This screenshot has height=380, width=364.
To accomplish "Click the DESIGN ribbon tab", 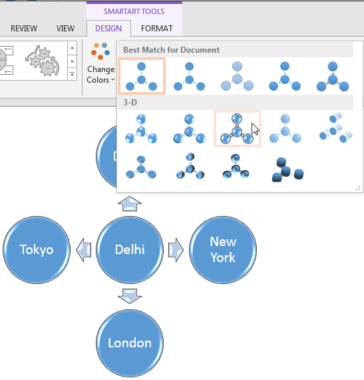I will tap(108, 29).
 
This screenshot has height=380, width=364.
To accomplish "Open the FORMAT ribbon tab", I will tap(156, 29).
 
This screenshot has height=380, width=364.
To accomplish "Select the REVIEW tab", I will tap(24, 29).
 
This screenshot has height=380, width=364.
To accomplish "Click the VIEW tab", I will tap(65, 29).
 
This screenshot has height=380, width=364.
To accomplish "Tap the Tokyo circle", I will tap(37, 250).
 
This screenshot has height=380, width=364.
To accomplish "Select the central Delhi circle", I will tap(130, 250).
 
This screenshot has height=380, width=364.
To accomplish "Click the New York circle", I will tap(223, 250).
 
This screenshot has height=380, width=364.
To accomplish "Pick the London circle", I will tap(130, 343).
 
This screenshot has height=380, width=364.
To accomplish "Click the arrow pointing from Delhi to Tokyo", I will tap(83, 250).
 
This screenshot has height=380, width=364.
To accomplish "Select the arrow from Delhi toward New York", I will tap(176, 250).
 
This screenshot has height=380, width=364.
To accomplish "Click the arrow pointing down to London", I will tap(130, 297).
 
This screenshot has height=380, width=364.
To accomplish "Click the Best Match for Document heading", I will tap(171, 50).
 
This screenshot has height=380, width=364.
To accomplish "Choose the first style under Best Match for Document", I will tap(142, 75).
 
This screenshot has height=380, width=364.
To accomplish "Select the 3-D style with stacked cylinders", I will tap(287, 169).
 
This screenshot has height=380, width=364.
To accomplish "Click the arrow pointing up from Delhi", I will tap(130, 203).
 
